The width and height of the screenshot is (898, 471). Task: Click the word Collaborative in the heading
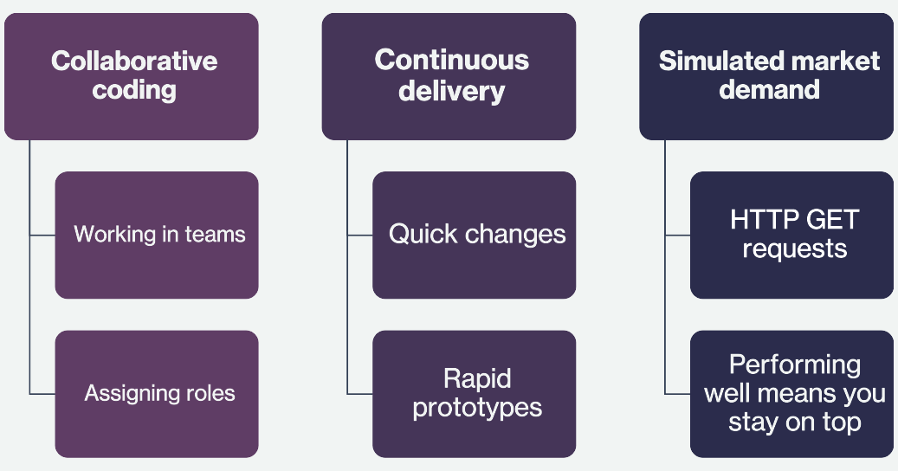pyautogui.click(x=134, y=61)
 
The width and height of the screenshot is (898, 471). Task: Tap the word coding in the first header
pyautogui.click(x=134, y=90)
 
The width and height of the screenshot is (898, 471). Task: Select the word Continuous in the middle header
pyautogui.click(x=452, y=60)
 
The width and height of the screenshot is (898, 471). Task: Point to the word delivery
pyautogui.click(x=452, y=91)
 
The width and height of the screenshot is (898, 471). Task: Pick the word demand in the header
pyautogui.click(x=769, y=90)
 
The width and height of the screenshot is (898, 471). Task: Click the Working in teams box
pyautogui.click(x=157, y=235)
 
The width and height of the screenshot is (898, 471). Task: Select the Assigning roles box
pyautogui.click(x=157, y=394)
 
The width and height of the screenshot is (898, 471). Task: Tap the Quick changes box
pyautogui.click(x=475, y=235)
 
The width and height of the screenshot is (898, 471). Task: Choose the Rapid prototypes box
pyautogui.click(x=475, y=394)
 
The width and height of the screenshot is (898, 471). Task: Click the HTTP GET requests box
pyautogui.click(x=791, y=235)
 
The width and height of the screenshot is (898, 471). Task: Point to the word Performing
pyautogui.click(x=795, y=365)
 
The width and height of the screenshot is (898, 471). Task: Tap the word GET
pyautogui.click(x=832, y=219)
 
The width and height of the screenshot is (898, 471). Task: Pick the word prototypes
pyautogui.click(x=477, y=408)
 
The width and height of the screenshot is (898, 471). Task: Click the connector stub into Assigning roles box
pyautogui.click(x=42, y=394)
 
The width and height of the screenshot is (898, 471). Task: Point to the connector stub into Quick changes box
pyautogui.click(x=359, y=235)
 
